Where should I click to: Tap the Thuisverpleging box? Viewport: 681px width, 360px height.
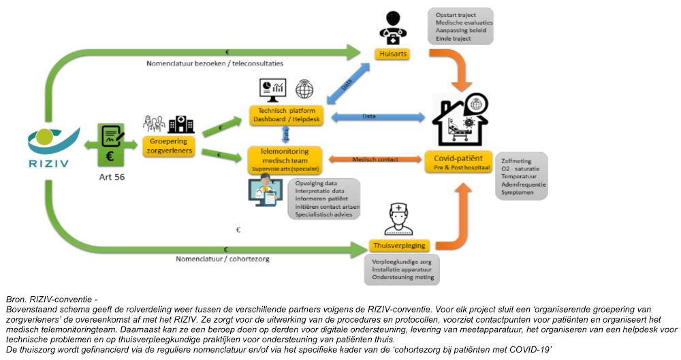tap(398, 245)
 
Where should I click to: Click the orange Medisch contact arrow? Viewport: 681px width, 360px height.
tap(375, 160)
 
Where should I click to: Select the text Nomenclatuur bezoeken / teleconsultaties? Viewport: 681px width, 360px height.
tap(215, 63)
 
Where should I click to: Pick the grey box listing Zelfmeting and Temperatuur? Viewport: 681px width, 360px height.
tap(522, 174)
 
